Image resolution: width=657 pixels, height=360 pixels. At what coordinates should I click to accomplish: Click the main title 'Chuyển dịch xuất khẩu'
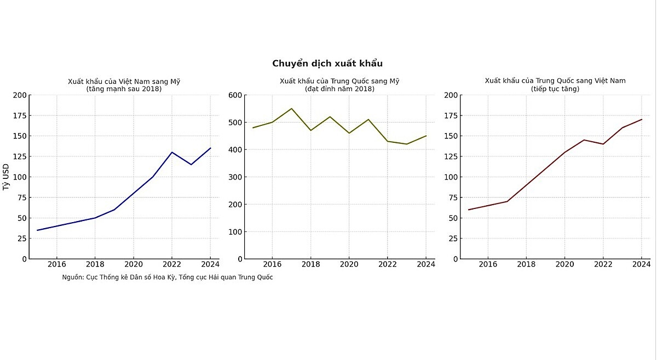327,63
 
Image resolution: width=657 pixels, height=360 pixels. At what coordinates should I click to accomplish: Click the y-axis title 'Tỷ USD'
6,177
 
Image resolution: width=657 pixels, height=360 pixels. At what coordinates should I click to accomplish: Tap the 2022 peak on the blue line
172,152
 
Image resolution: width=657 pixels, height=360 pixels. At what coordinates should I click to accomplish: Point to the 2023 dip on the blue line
191,165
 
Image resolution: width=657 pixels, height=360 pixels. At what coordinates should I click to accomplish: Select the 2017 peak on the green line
291,108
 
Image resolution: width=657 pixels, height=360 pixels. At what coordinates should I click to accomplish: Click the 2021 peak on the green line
368,119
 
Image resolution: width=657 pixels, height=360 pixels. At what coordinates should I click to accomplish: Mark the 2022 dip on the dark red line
603,144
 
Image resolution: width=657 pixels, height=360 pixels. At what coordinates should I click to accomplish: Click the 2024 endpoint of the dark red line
642,119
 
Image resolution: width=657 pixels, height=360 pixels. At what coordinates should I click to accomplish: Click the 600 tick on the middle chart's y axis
235,95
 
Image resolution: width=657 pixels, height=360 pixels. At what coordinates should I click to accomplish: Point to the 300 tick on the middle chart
235,177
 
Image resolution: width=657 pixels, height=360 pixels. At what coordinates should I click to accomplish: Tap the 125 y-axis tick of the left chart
19,156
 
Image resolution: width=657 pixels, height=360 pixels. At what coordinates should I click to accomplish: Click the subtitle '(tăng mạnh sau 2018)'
124,89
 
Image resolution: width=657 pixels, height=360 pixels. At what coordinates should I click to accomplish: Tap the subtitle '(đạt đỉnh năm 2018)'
339,89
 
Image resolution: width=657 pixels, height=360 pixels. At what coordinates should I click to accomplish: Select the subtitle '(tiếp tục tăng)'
555,89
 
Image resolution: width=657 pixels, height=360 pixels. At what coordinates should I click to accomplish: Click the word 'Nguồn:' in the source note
73,277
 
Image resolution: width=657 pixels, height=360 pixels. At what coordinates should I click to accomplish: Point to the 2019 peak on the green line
330,117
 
